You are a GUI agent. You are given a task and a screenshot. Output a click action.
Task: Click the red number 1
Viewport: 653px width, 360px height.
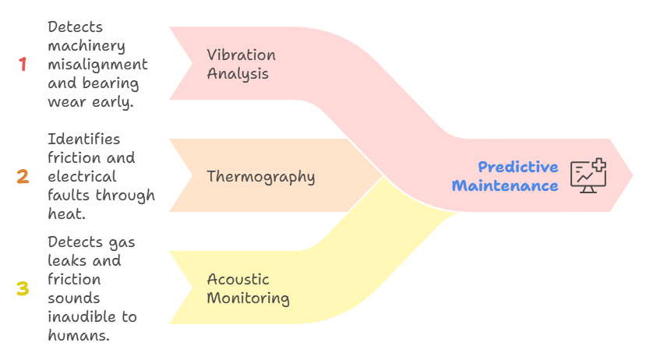coord(23,65)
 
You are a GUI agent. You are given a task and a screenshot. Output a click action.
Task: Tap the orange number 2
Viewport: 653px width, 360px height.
coord(23,177)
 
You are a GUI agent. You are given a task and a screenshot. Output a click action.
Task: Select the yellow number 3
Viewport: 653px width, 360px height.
coord(23,289)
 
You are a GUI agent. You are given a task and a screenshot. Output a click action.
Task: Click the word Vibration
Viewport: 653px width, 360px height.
coord(241,55)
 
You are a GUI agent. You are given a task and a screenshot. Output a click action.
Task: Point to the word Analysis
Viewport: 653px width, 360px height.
coord(238,74)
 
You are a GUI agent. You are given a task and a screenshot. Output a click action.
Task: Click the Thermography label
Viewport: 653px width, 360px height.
coord(260,177)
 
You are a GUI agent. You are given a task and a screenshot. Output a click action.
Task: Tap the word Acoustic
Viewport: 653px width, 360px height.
coord(238,279)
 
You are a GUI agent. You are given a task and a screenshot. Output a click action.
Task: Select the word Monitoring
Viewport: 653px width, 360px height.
coord(248,298)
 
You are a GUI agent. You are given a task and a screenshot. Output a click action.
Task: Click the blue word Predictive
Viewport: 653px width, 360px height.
coord(517,167)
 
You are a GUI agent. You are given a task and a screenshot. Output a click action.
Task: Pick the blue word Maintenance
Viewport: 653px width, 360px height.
coord(505,186)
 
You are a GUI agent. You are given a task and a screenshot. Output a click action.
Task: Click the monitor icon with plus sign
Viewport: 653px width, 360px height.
coord(588,175)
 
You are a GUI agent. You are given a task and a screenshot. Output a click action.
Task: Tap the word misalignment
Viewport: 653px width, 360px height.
coord(97,65)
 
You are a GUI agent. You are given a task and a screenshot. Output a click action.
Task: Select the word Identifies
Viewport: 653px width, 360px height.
coord(83,139)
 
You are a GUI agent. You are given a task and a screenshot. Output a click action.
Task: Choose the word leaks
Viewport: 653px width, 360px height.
coord(65,261)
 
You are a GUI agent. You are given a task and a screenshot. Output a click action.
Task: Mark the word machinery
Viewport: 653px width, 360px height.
coord(86,46)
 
